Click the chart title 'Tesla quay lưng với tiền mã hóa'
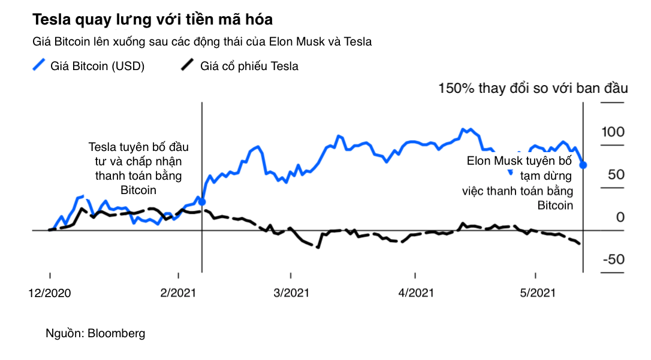pyautogui.click(x=153, y=20)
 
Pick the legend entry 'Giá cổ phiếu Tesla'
pyautogui.click(x=249, y=66)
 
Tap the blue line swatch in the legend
pyautogui.click(x=40, y=65)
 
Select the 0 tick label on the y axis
pyautogui.click(x=620, y=217)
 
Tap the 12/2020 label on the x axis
pyautogui.click(x=50, y=293)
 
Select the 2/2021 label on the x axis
pyautogui.click(x=178, y=293)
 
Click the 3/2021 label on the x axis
pyautogui.click(x=291, y=293)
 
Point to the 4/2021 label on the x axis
pyautogui.click(x=415, y=293)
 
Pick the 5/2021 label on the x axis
pyautogui.click(x=535, y=293)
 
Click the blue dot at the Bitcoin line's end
pyautogui.click(x=584, y=165)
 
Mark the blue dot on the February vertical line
pyautogui.click(x=202, y=202)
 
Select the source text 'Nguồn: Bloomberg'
pyautogui.click(x=95, y=334)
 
